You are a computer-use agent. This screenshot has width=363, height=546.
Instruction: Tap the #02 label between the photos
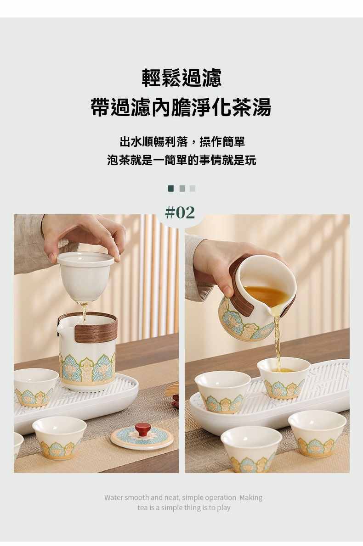180,212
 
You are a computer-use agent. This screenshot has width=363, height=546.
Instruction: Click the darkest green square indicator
171,189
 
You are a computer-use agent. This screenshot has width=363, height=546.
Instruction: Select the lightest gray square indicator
193,189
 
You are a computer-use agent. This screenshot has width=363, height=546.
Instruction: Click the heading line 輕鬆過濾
181,78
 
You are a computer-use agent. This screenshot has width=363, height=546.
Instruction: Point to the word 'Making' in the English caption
251,497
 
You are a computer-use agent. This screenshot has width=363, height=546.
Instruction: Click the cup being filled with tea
284,378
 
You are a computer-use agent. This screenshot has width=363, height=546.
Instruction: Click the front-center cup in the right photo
251,449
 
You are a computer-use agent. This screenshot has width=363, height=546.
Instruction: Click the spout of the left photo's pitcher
60,330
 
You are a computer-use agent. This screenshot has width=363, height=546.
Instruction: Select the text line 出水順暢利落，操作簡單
182,142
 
